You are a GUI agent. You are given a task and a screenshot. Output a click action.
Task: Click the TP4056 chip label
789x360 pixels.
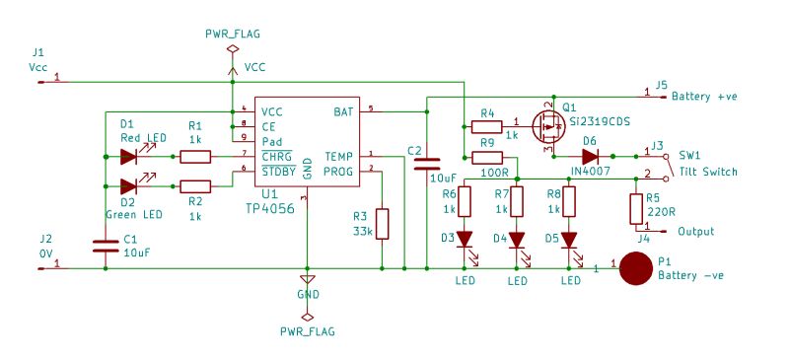tap(272, 209)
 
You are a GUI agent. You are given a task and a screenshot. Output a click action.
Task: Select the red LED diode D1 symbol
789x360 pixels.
tap(127, 156)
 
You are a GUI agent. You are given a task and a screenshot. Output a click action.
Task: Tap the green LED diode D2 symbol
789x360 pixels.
tap(127, 186)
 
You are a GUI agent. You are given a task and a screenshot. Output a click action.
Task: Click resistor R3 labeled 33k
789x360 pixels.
tap(382, 224)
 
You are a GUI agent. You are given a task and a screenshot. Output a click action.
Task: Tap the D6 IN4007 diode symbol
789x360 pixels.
tap(590, 156)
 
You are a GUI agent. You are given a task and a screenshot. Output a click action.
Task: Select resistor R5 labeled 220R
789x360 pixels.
tap(636, 208)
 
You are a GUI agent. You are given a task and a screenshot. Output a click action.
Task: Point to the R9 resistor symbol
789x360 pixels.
tap(487, 157)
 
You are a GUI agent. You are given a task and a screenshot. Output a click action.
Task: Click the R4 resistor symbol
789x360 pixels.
tap(486, 126)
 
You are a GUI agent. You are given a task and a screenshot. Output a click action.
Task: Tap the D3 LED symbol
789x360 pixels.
tap(465, 240)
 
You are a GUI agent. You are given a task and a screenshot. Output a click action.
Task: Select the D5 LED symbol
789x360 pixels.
tap(569, 240)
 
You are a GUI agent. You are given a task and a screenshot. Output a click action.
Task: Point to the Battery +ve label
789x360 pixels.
tap(704, 97)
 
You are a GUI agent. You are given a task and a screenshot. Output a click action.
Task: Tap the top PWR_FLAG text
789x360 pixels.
tap(232, 33)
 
